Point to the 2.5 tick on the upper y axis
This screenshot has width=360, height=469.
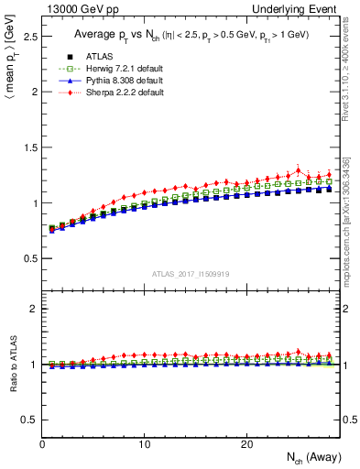click(29, 38)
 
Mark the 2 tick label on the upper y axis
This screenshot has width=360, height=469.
click(35, 93)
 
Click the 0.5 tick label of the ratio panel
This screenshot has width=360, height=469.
click(29, 420)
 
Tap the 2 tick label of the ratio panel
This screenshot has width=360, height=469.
click(35, 310)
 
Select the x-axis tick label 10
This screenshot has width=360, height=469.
click(145, 444)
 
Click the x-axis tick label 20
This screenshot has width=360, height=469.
click(246, 444)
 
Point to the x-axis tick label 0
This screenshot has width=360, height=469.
click(43, 444)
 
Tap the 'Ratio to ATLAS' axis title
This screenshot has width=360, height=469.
click(12, 365)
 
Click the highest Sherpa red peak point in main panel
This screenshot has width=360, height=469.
click(298, 169)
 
